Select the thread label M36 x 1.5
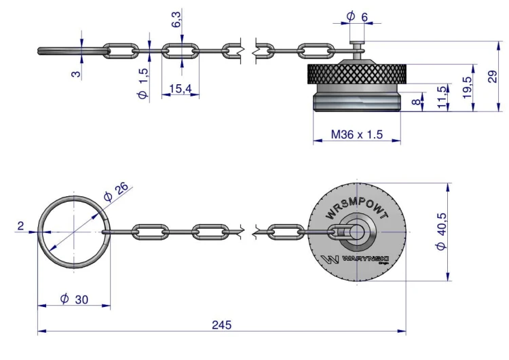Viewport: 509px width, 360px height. point(357,134)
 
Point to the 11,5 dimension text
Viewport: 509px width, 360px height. point(442,97)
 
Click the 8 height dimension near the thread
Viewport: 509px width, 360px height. point(416,102)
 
